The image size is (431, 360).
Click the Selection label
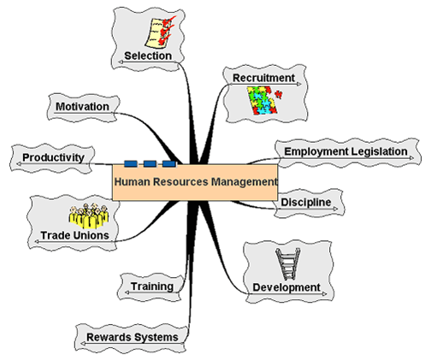(148, 56)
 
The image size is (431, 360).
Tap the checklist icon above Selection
(159, 32)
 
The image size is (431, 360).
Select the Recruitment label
(263, 78)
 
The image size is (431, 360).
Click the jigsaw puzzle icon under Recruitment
(263, 100)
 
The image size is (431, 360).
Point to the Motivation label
(82, 107)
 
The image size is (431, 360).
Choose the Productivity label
(53, 157)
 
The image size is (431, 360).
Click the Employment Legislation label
(345, 151)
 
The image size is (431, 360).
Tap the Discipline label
(306, 202)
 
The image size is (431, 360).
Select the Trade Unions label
(74, 235)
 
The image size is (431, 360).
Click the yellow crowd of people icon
(89, 216)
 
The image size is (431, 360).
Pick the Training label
(152, 286)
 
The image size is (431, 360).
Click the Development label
(286, 287)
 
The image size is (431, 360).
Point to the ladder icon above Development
(288, 264)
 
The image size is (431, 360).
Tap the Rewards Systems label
(133, 337)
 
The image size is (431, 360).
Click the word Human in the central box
(132, 181)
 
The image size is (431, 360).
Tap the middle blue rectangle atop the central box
(150, 164)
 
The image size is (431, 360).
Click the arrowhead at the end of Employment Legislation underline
(411, 158)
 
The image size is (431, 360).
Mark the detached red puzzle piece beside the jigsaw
(279, 94)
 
